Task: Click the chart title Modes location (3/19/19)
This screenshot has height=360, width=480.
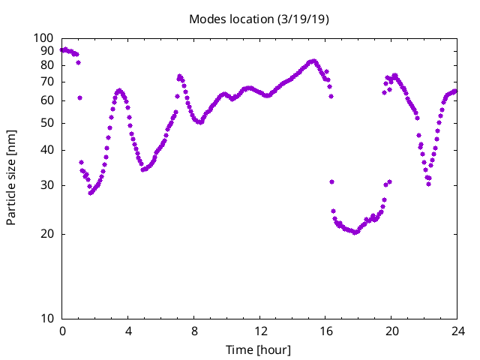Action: coord(259,19)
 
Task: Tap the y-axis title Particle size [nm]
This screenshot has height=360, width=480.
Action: coord(11,178)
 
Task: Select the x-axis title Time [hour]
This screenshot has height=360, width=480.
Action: coord(258,349)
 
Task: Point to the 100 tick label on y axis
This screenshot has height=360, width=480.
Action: coord(43,38)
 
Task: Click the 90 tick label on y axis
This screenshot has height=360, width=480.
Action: coord(46,51)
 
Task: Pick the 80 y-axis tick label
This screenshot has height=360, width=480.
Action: coord(46,65)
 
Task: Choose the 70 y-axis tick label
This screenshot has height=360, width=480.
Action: coord(46,82)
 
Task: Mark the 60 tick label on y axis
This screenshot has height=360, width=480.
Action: coord(46,100)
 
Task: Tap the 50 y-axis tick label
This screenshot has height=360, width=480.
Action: coord(46,123)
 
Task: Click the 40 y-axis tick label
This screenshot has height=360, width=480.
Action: coord(46,150)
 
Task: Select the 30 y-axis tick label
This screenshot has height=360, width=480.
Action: coord(46,185)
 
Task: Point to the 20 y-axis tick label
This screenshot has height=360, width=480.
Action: coord(46,234)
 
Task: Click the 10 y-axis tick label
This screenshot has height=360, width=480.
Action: coord(46,319)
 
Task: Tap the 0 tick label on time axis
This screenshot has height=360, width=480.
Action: coord(62,331)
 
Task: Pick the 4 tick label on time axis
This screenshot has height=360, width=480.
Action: coord(128,331)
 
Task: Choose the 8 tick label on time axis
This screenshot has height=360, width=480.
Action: coord(194,331)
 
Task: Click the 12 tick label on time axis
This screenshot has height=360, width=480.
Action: coord(260,331)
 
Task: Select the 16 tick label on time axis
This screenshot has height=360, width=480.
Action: coord(326,331)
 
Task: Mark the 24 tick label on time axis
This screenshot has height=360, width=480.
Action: coord(457,331)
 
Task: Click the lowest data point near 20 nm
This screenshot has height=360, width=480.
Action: coord(355,232)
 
